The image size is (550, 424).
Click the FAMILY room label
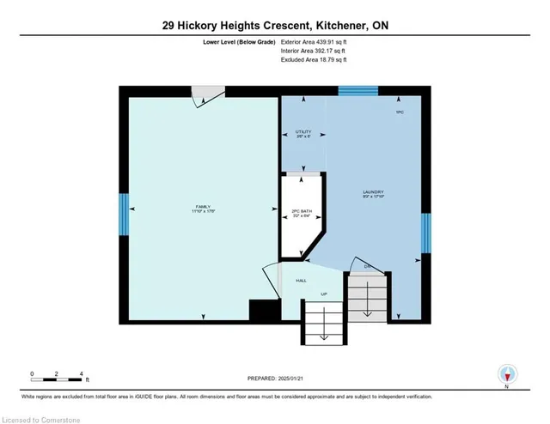[202, 207]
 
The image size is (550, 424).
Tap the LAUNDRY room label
[372, 191]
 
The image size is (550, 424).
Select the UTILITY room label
[302, 132]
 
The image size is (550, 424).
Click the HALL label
[302, 280]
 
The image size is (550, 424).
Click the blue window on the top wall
[357, 89]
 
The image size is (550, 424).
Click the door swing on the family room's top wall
[206, 95]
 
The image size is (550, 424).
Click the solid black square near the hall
[260, 311]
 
